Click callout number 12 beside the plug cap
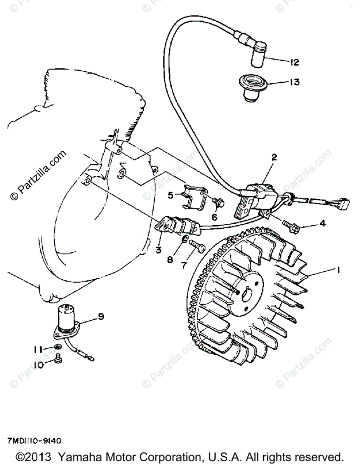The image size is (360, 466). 294,62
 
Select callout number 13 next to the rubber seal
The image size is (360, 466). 294,82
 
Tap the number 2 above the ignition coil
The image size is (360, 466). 274,157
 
